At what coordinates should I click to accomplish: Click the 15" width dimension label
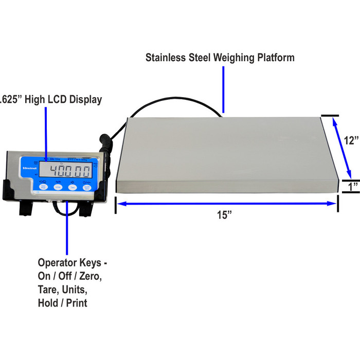pyautogui.click(x=224, y=215)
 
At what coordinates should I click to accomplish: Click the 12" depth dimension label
pyautogui.click(x=351, y=140)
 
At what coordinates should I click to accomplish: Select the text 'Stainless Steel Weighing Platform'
pyautogui.click(x=220, y=57)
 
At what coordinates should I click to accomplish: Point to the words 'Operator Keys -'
pyautogui.click(x=72, y=263)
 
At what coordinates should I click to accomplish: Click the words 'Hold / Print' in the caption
pyautogui.click(x=62, y=303)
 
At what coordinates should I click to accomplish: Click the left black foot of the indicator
pyautogui.click(x=24, y=207)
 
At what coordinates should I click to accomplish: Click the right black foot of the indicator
pyautogui.click(x=83, y=207)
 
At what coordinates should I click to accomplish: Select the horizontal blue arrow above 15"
pyautogui.click(x=226, y=204)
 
